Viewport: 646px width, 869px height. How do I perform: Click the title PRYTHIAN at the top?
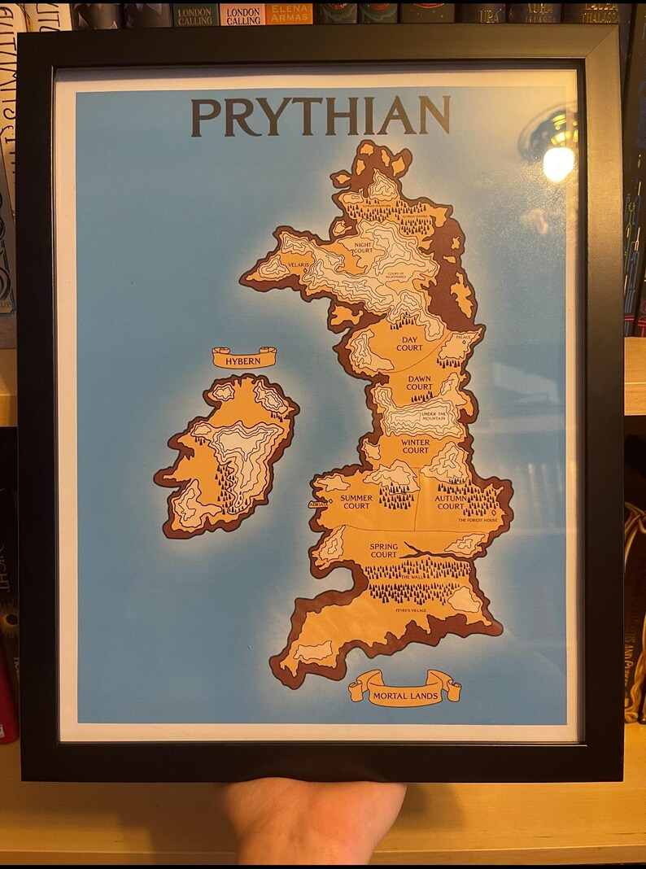(x=321, y=116)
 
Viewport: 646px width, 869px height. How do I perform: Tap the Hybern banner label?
(x=244, y=359)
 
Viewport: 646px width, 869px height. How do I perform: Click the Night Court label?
(x=364, y=246)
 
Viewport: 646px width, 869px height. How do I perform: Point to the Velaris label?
(x=298, y=264)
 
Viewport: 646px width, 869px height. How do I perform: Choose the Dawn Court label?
(x=420, y=382)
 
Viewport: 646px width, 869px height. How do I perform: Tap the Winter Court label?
(x=415, y=446)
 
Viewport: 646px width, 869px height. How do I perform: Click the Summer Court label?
(x=356, y=501)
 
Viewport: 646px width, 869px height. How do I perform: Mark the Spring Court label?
(x=383, y=550)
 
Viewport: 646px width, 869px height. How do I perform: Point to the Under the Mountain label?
(x=434, y=417)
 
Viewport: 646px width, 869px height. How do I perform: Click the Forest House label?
(x=478, y=519)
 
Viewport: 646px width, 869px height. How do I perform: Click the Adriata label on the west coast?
(x=318, y=504)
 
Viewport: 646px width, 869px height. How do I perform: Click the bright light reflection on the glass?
(x=557, y=161)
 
